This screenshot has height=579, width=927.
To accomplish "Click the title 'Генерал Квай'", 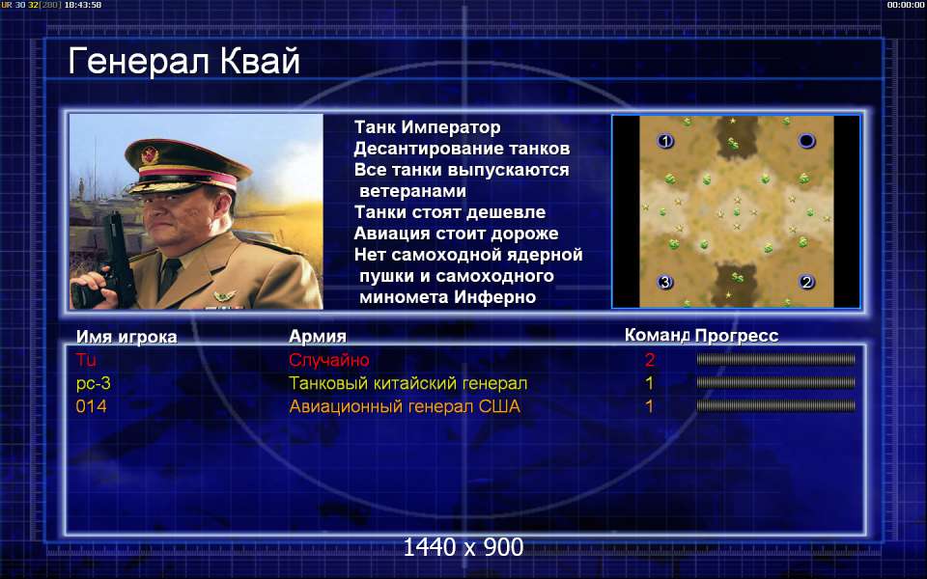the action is (183, 62).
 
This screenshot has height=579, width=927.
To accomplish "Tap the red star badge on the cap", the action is (150, 155).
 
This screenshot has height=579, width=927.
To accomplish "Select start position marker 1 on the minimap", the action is (665, 141).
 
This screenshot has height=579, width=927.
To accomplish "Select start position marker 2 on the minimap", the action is (806, 282).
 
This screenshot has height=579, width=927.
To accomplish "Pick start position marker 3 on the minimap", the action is (665, 283).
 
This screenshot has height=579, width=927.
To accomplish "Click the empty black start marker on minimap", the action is (807, 141).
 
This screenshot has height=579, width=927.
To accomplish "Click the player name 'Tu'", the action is (86, 360).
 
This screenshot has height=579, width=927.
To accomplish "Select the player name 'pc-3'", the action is (94, 383).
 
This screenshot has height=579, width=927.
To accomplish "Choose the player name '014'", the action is (91, 406).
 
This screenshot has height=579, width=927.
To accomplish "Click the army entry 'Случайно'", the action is (329, 360).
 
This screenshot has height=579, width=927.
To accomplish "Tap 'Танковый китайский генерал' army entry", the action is (407, 383).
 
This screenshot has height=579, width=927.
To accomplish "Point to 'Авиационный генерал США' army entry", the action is (405, 406).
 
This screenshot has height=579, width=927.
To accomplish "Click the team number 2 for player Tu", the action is (650, 360).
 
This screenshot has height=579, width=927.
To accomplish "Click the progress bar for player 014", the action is (775, 406).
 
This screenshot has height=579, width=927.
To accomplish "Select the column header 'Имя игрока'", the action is (126, 337).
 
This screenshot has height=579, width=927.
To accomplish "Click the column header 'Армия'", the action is (318, 336).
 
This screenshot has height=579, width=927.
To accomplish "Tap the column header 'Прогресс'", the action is (737, 336).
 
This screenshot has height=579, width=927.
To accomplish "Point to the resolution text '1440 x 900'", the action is (463, 547).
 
